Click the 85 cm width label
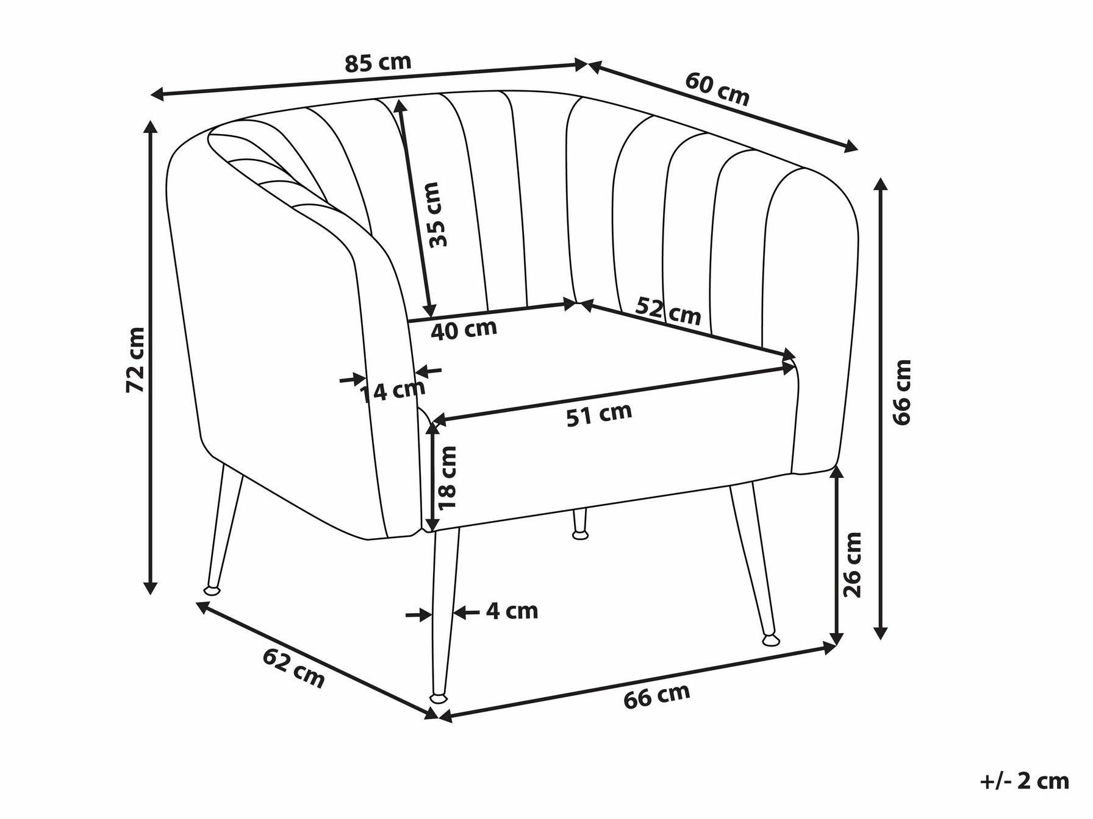pyautogui.click(x=378, y=62)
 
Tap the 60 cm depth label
pyautogui.click(x=717, y=89)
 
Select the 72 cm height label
pyautogui.click(x=135, y=360)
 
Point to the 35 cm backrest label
pyautogui.click(x=438, y=214)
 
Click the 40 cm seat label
pyautogui.click(x=464, y=329)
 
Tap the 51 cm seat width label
pyautogui.click(x=599, y=414)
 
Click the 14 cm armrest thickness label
pyautogui.click(x=391, y=391)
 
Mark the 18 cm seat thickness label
pyautogui.click(x=448, y=478)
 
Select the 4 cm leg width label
pyautogui.click(x=512, y=611)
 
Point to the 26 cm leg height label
pyautogui.click(x=852, y=565)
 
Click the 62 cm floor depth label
pyautogui.click(x=294, y=668)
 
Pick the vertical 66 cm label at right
pyautogui.click(x=901, y=391)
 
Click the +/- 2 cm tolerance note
pyautogui.click(x=1025, y=782)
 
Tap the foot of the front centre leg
pyautogui.click(x=437, y=697)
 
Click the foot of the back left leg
pyautogui.click(x=212, y=590)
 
